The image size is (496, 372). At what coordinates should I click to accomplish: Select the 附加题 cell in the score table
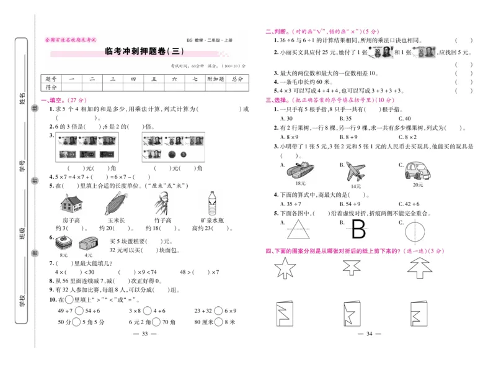(x=215, y=79)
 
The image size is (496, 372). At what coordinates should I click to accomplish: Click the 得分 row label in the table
(x=51, y=88)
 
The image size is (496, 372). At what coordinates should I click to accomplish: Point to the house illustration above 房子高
(x=73, y=202)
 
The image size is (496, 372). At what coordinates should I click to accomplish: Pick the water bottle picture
(x=211, y=202)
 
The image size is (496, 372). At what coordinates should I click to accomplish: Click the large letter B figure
(x=359, y=230)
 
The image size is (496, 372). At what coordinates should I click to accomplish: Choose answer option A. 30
(x=286, y=118)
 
